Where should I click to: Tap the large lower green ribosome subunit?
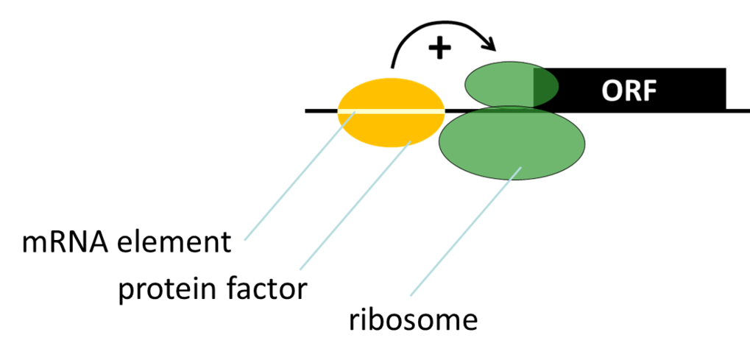[512, 143]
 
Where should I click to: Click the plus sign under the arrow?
[439, 49]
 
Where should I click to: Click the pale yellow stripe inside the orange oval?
[392, 112]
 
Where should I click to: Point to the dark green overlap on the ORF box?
[545, 88]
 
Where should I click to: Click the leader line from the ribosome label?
[466, 230]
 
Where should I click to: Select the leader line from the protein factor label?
[355, 205]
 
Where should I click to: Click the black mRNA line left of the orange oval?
[322, 111]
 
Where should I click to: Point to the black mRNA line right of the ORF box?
[738, 111]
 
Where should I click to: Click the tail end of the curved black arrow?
[393, 67]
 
